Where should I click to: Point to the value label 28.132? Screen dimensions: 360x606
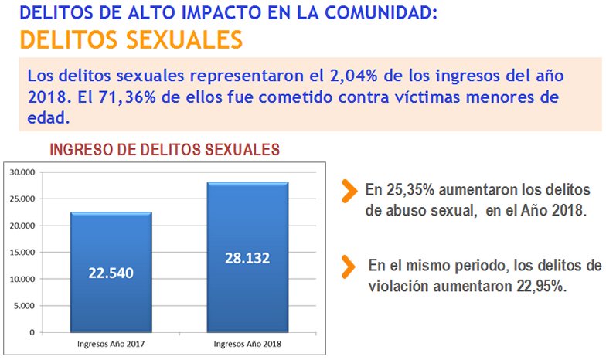tap(247, 257)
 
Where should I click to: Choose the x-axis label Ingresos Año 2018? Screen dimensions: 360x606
tap(247, 343)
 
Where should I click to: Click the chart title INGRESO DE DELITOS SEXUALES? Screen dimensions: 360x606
tap(164, 150)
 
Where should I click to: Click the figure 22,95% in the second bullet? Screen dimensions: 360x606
tap(540, 284)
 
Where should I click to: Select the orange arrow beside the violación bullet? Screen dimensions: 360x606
tap(349, 266)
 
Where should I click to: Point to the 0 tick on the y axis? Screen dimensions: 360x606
tap(31, 332)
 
